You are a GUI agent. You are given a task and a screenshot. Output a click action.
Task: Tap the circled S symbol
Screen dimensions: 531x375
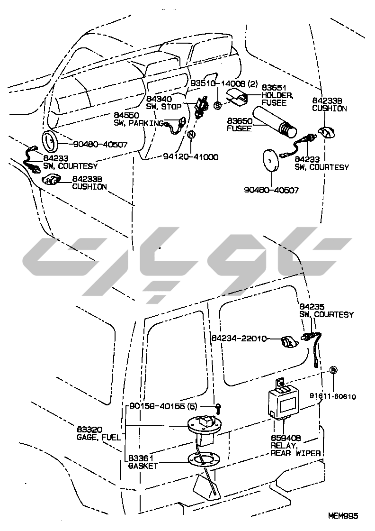click(218, 105)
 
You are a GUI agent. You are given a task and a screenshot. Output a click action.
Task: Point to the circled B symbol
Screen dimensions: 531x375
click(333, 370)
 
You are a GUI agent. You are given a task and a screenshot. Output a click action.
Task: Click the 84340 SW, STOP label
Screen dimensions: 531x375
click(164, 102)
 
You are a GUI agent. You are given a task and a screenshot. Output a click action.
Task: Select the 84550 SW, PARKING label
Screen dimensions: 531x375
click(137, 119)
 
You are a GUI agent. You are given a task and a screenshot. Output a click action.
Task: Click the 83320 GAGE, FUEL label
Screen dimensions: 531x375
click(98, 433)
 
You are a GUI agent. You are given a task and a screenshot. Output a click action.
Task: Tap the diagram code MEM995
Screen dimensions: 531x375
click(343, 516)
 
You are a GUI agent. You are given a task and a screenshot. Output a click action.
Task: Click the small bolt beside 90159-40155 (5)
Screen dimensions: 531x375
click(219, 406)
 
